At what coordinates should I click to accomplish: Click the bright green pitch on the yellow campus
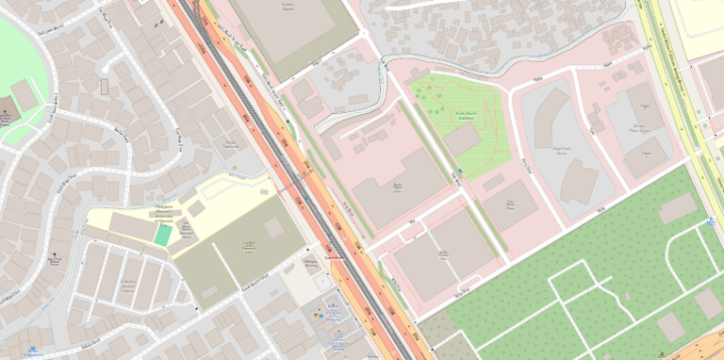163,236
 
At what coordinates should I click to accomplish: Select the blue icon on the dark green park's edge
710,222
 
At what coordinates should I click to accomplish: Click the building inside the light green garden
462,139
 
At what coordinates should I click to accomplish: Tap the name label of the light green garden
467,116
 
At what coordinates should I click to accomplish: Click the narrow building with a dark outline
105,86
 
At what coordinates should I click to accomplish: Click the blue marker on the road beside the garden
460,171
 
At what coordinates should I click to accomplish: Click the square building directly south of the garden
510,205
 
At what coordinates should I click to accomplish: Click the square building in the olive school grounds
272,228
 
